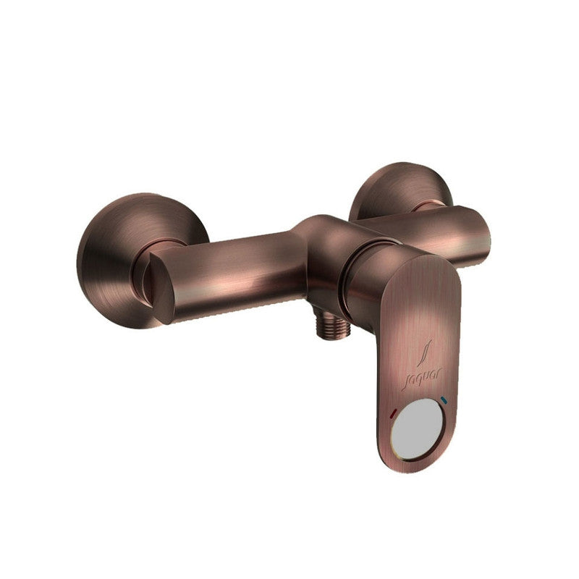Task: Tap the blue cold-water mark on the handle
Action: click(x=444, y=400)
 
